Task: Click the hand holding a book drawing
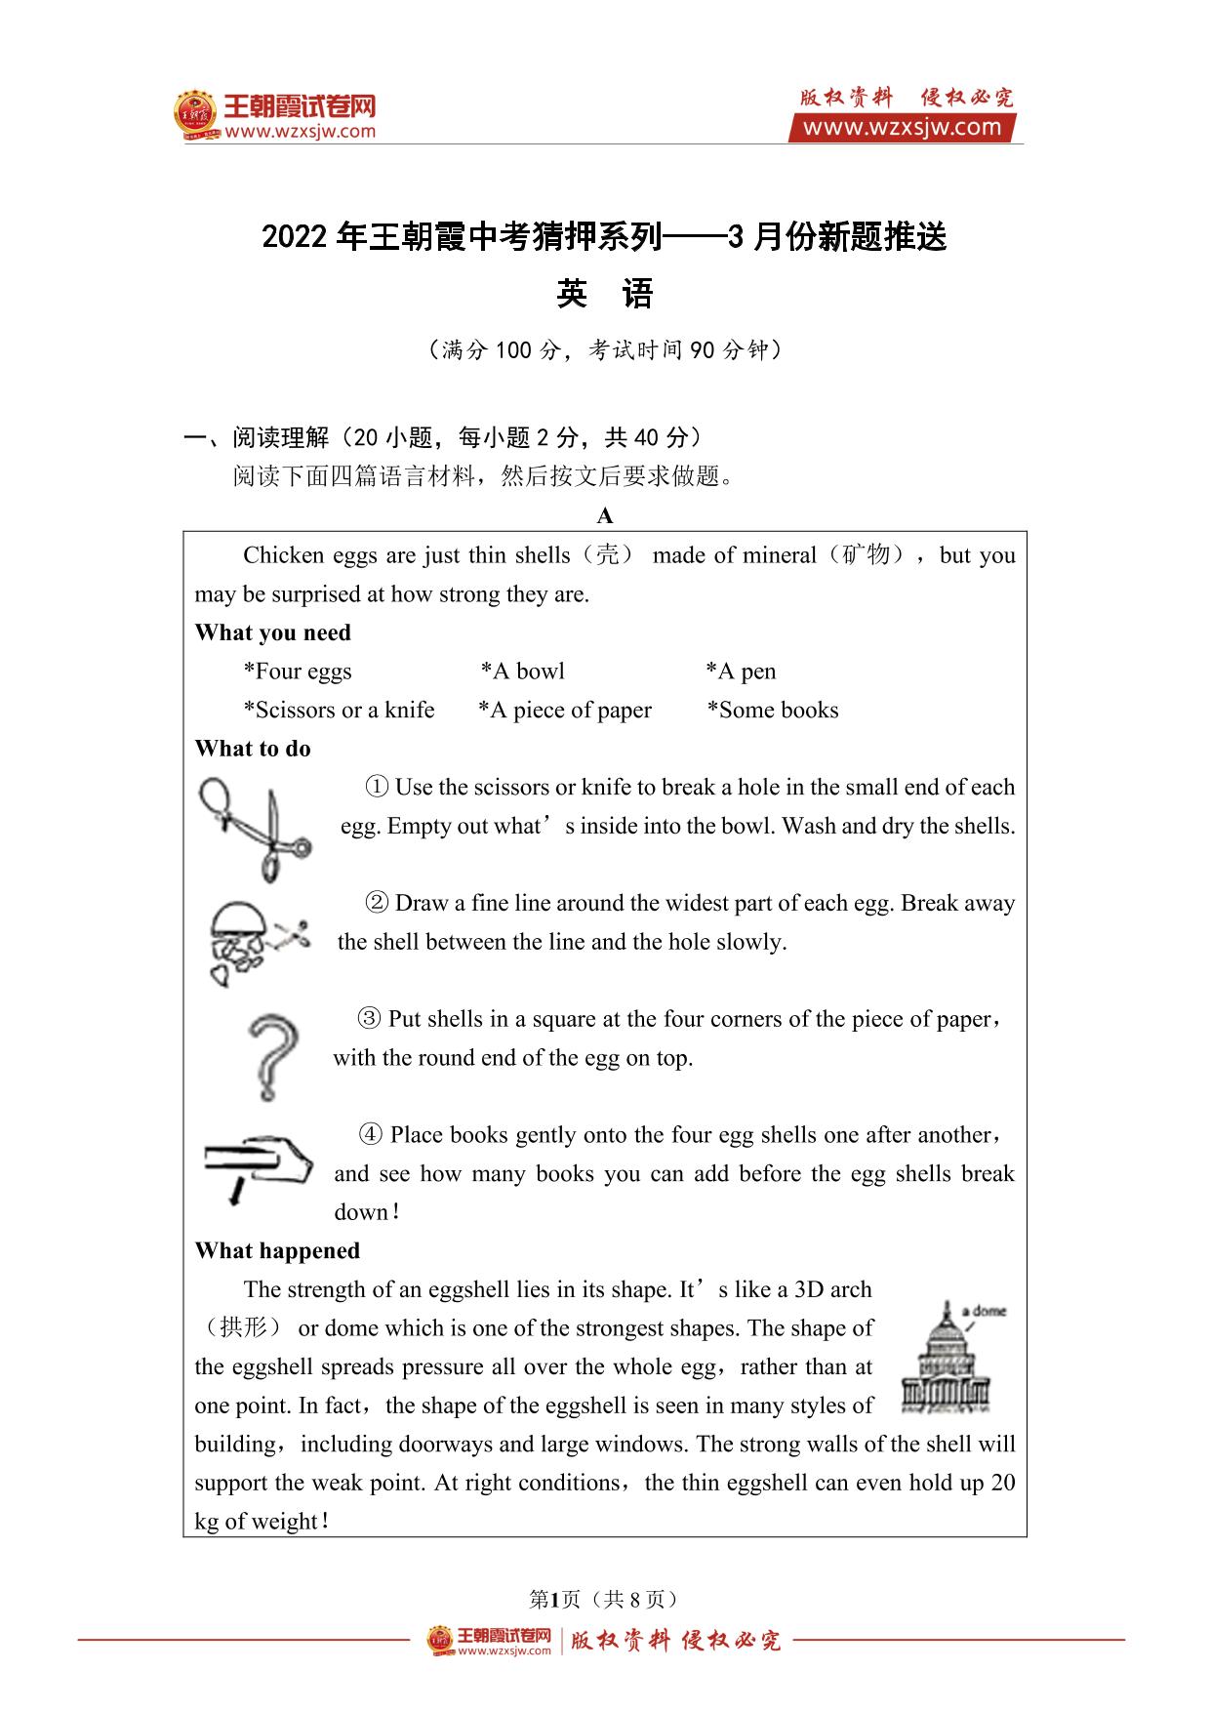tap(258, 1165)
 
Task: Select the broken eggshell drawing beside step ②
tap(257, 941)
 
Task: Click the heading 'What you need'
tap(272, 632)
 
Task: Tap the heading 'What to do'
tap(253, 749)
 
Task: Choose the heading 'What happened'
tap(277, 1250)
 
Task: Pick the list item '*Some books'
tap(773, 710)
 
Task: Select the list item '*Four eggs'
tap(298, 672)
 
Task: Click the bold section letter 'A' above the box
tap(605, 515)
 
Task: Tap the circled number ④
tap(371, 1134)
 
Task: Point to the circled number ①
tap(377, 787)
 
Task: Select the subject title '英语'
tap(604, 294)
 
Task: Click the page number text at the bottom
tap(604, 1599)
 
